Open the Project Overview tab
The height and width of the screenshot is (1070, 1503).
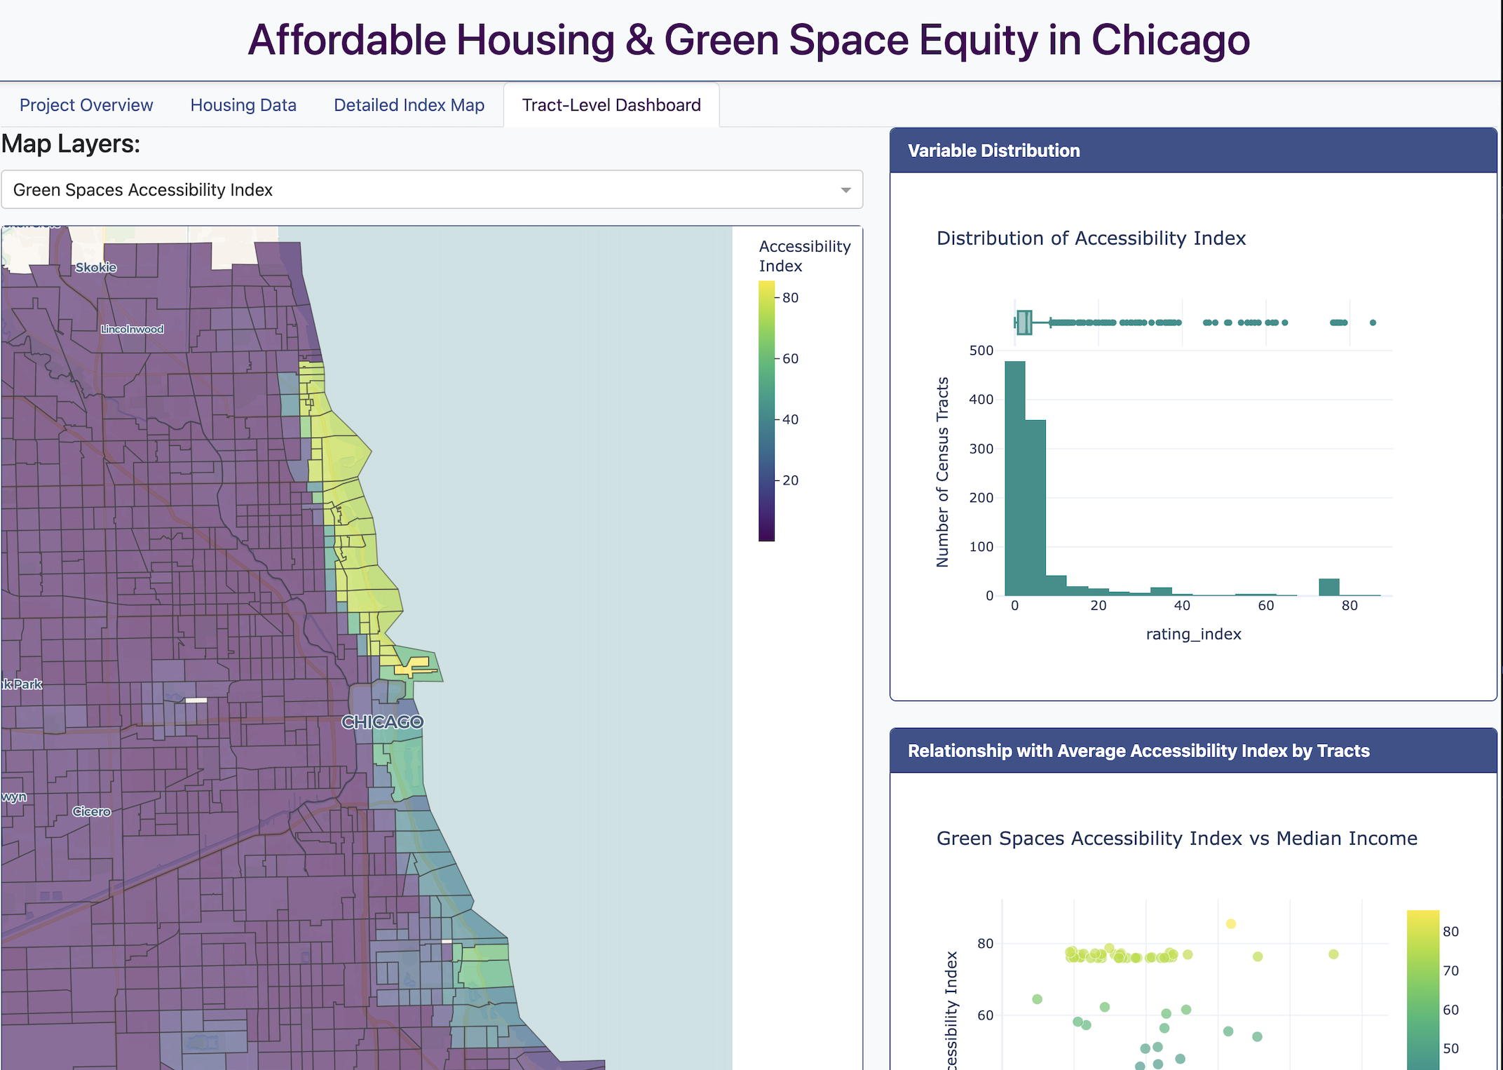[x=86, y=105]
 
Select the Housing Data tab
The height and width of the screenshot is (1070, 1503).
[x=243, y=105]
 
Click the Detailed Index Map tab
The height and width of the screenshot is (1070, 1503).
[x=409, y=105]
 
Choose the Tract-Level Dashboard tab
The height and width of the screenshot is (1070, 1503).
[x=611, y=105]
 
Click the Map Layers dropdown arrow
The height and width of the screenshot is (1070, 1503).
[x=845, y=190]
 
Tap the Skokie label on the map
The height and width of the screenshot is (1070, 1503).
[x=96, y=267]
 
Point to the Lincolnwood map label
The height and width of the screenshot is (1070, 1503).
[x=132, y=329]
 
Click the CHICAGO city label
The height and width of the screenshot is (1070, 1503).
[x=382, y=722]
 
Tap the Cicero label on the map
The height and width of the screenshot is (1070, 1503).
[x=92, y=811]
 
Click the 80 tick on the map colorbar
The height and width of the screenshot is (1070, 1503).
[x=790, y=298]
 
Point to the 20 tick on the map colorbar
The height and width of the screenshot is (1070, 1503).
[x=790, y=480]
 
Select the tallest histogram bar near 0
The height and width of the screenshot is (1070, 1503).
[x=1015, y=477]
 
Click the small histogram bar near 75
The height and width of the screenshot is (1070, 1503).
[x=1328, y=588]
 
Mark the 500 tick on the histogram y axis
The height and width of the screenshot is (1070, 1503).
[x=981, y=351]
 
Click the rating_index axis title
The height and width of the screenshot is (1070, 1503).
[x=1193, y=634]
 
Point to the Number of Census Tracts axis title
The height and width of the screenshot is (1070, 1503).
[x=943, y=472]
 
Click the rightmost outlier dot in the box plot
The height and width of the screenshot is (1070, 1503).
[x=1373, y=323]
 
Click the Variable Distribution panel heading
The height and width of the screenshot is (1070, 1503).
[x=993, y=151]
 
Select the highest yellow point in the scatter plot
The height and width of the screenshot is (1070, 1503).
[x=1231, y=924]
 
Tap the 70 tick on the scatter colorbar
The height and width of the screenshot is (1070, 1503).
[x=1450, y=970]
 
